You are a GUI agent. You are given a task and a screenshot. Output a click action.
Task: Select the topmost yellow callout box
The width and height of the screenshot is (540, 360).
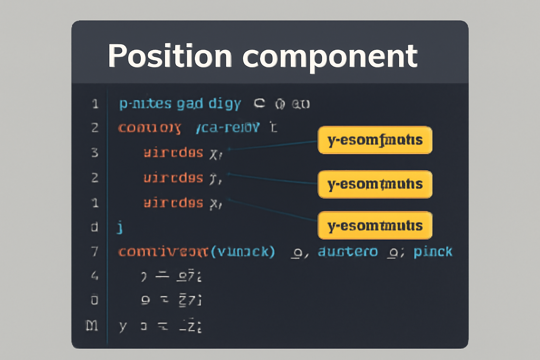[375, 140]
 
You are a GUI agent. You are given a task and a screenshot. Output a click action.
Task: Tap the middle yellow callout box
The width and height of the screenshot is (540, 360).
[375, 184]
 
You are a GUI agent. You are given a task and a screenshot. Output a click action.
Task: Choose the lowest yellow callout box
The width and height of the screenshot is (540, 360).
[375, 225]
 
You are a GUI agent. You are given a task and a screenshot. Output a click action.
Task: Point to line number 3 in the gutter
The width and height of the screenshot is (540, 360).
[95, 153]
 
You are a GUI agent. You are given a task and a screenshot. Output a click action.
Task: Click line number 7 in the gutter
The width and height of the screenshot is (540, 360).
[95, 252]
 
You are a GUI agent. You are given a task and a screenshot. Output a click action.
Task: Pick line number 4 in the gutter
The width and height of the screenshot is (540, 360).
[95, 276]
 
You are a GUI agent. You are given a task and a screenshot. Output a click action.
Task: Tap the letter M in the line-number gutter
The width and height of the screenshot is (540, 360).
[92, 326]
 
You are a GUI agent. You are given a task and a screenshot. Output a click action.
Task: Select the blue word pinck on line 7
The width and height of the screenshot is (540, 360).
[433, 252]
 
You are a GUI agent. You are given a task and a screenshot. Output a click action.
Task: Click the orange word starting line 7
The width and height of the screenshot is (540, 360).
[163, 252]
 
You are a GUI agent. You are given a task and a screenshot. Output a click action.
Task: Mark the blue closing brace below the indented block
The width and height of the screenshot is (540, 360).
[120, 227]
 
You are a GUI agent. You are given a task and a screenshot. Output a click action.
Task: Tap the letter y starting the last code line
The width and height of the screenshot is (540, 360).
[122, 326]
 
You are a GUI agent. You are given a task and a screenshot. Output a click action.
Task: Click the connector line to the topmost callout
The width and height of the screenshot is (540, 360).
[272, 145]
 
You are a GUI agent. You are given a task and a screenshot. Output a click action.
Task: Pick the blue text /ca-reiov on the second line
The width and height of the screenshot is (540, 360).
[228, 128]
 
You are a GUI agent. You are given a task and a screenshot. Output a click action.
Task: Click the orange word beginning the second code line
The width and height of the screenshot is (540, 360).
[149, 128]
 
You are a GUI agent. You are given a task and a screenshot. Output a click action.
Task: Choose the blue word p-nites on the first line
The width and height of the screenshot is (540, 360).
[145, 104]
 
